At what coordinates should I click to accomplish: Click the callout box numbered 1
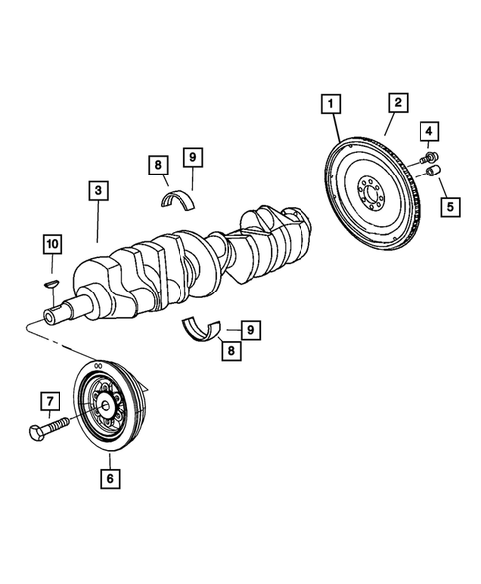[x=329, y=103]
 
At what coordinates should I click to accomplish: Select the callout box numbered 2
[x=396, y=103]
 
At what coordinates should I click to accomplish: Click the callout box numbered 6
[x=110, y=478]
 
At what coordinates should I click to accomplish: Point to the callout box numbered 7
[x=46, y=402]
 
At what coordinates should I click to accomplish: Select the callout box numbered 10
[x=51, y=243]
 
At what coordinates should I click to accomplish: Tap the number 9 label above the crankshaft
[x=193, y=156]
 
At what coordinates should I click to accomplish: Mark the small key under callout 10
[x=52, y=285]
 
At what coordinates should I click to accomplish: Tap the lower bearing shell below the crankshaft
[x=203, y=328]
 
